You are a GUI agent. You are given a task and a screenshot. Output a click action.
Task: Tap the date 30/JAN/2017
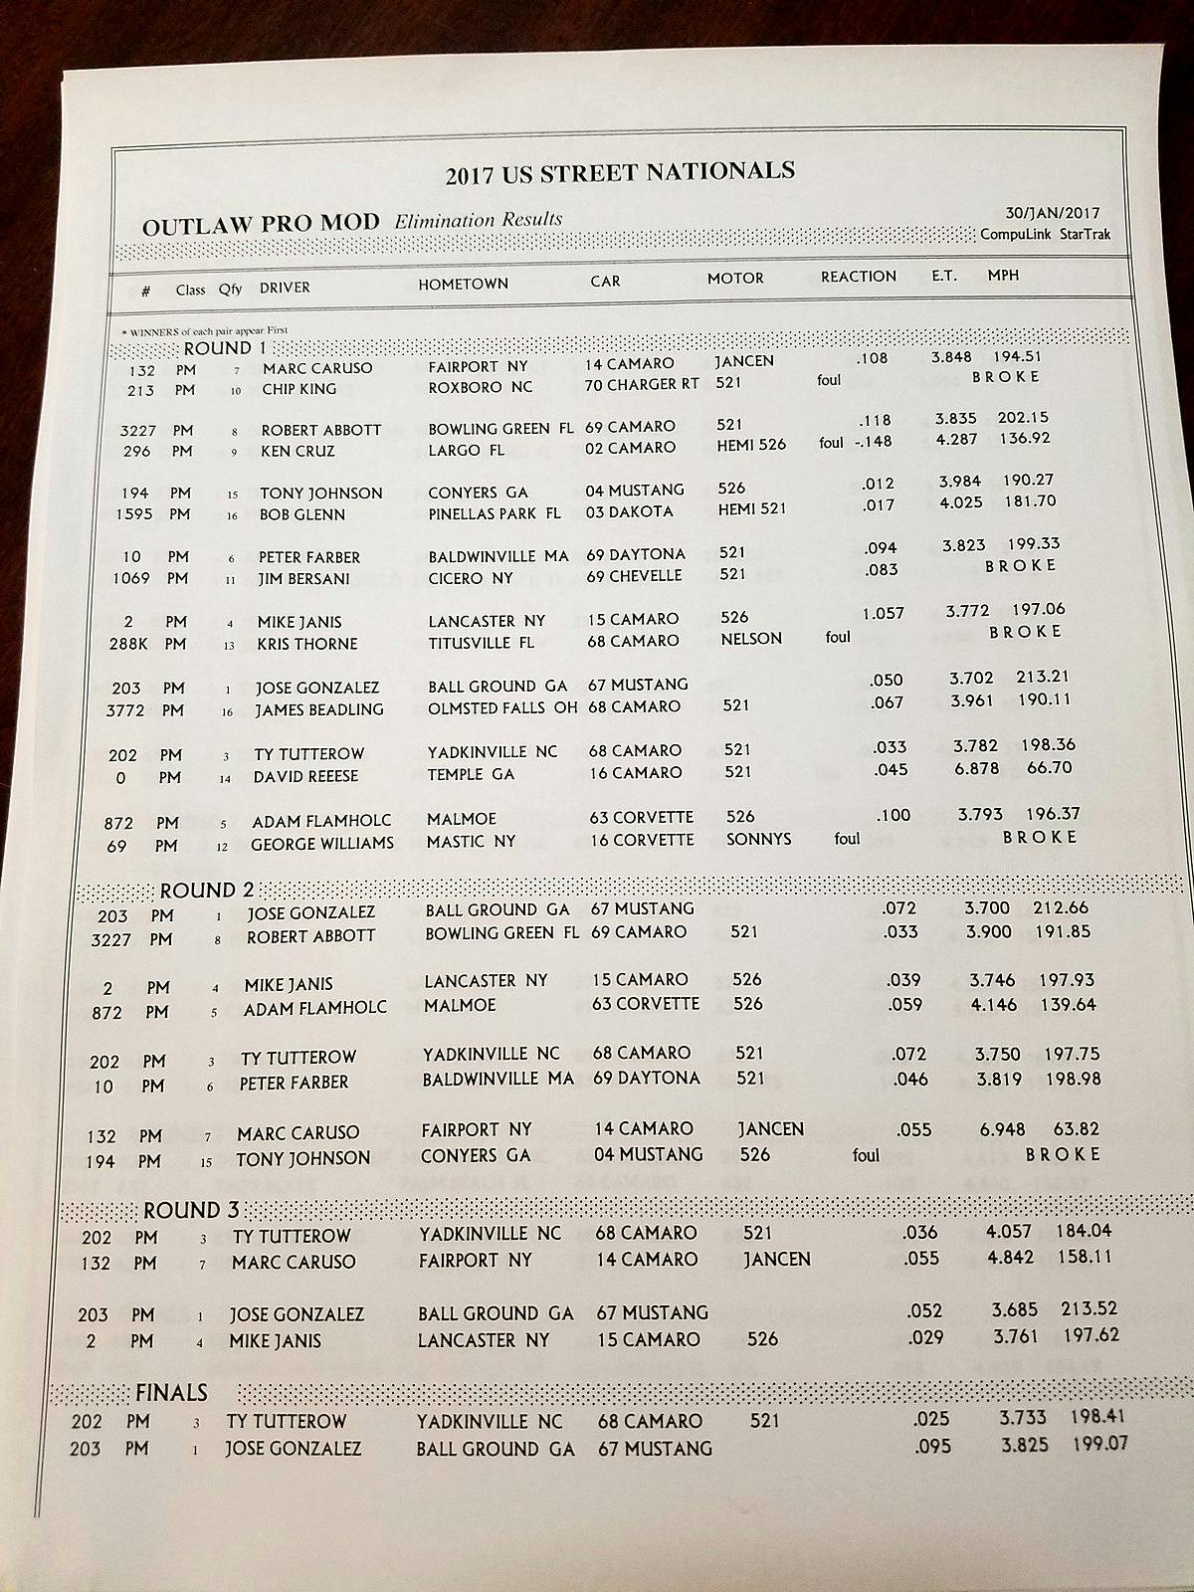click(1053, 213)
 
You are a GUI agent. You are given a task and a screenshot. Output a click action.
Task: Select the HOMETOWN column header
click(463, 284)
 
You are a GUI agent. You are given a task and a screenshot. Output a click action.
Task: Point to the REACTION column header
click(858, 277)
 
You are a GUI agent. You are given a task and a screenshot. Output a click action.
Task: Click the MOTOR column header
click(735, 279)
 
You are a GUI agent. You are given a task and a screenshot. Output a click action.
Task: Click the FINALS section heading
click(171, 1392)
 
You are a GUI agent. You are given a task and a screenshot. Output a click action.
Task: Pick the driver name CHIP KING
click(298, 389)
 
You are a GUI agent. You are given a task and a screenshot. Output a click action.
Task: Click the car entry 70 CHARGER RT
click(642, 385)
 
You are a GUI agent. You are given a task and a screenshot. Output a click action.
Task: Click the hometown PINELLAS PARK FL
click(495, 513)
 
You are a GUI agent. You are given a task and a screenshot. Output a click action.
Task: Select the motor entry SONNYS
click(758, 839)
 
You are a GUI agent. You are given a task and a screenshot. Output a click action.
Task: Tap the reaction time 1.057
click(883, 613)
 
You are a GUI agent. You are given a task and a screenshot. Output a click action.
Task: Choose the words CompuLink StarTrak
click(1045, 235)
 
